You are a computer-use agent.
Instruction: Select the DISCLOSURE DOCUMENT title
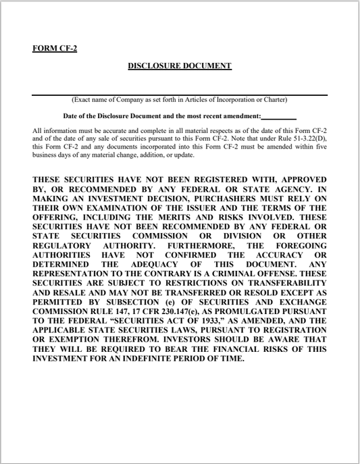pos(180,66)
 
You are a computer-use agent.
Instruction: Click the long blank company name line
pos(180,94)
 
